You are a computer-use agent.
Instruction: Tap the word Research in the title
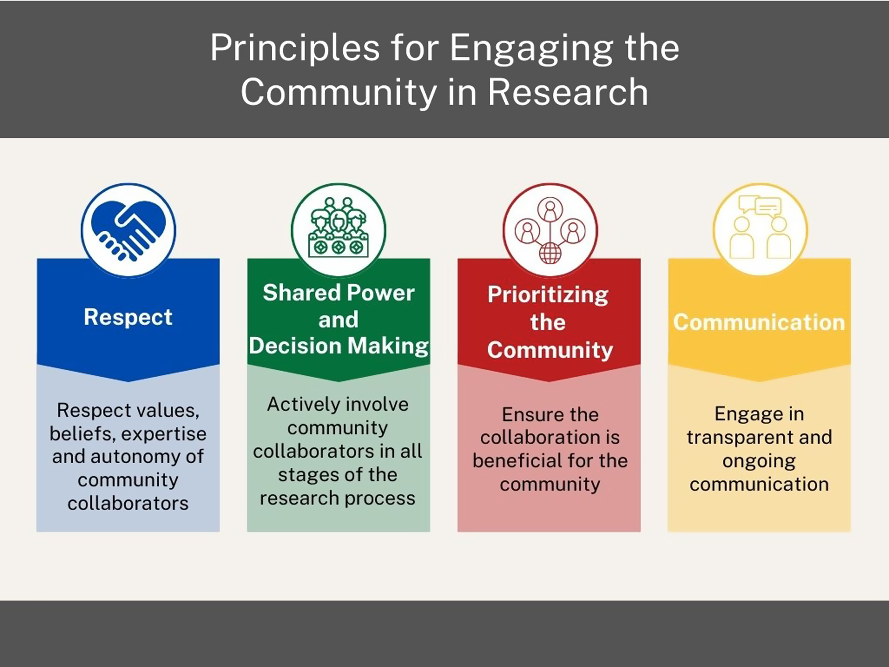(568, 92)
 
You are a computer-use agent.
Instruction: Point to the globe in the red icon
(549, 253)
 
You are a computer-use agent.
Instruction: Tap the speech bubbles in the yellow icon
(760, 205)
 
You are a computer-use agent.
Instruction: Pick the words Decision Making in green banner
(339, 346)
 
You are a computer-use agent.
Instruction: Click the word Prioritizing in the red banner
(548, 295)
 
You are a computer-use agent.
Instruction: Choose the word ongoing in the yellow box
(759, 461)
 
